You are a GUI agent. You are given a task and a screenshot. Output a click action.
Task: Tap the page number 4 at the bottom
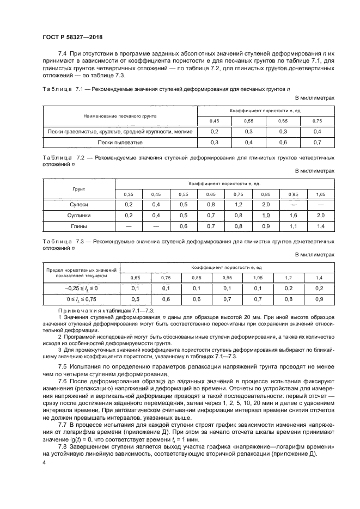pos(44,461)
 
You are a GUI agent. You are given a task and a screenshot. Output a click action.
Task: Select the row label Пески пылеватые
pos(120,142)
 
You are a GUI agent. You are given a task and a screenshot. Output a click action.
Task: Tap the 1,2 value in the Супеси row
pos(238,205)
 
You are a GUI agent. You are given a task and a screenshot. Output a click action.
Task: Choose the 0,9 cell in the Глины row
pos(265,225)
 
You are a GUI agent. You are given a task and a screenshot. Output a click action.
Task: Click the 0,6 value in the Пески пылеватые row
pos(283,142)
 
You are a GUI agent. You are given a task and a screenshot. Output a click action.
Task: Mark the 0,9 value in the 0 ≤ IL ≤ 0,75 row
pos(320,299)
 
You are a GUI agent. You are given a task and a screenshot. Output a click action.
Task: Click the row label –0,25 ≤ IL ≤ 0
pos(82,288)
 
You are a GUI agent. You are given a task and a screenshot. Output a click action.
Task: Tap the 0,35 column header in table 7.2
pos(129,194)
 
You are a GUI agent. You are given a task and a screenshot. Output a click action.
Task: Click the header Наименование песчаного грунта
pos(120,116)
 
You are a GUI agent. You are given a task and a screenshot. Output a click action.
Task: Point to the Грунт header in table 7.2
pos(79,189)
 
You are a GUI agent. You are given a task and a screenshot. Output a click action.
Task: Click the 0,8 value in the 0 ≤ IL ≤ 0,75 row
pos(288,299)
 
